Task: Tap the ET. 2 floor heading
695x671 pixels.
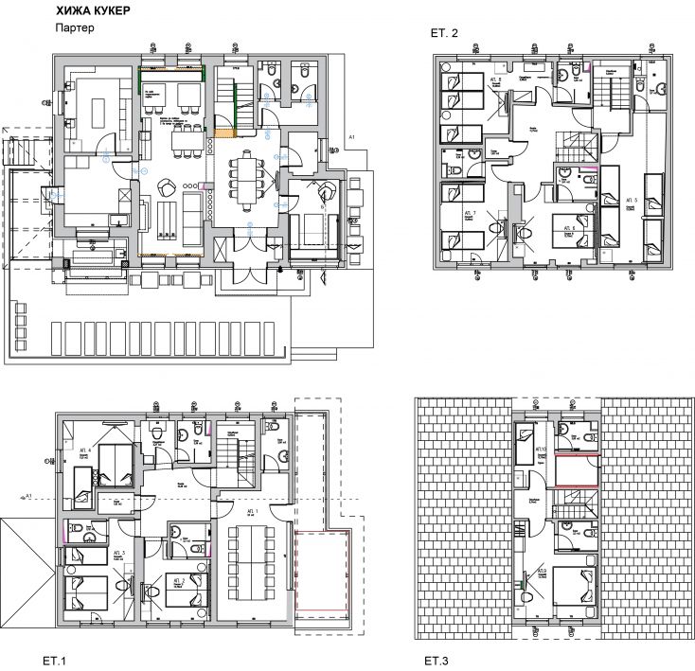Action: click(444, 34)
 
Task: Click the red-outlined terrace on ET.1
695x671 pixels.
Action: click(323, 581)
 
